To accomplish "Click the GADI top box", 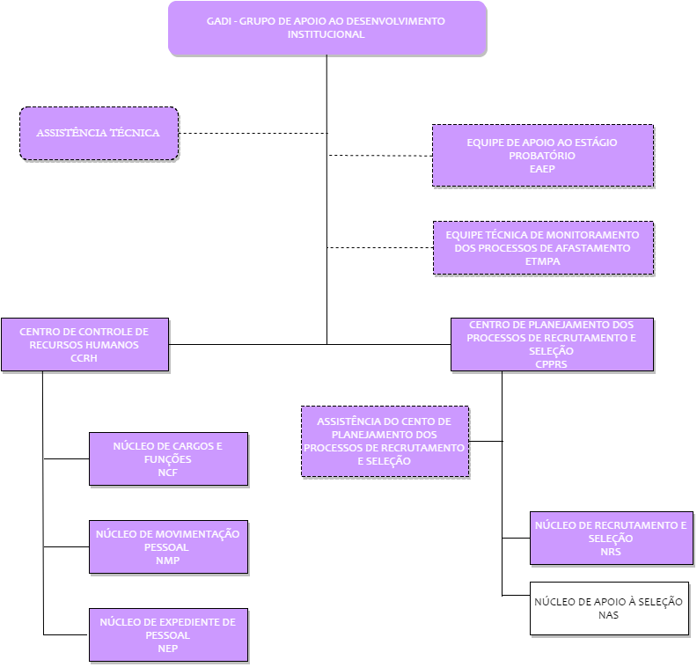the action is click(x=327, y=28).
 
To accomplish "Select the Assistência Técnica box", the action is click(x=99, y=133).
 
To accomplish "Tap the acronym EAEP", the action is click(x=542, y=169).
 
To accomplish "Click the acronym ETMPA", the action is click(x=542, y=261).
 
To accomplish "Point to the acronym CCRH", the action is click(x=84, y=358).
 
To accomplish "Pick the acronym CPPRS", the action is click(x=551, y=364).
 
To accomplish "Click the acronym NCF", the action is click(x=167, y=473).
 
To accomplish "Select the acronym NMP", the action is click(x=167, y=561).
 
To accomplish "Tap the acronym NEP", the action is click(x=167, y=649).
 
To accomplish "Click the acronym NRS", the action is click(x=611, y=552).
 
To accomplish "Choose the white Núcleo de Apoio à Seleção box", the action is click(x=609, y=608).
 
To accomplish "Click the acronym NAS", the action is click(x=608, y=615).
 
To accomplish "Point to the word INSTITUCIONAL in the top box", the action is click(x=326, y=34).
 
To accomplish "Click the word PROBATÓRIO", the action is click(x=542, y=156).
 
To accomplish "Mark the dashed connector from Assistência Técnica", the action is click(x=253, y=133).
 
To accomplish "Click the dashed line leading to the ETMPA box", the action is click(x=380, y=247).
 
